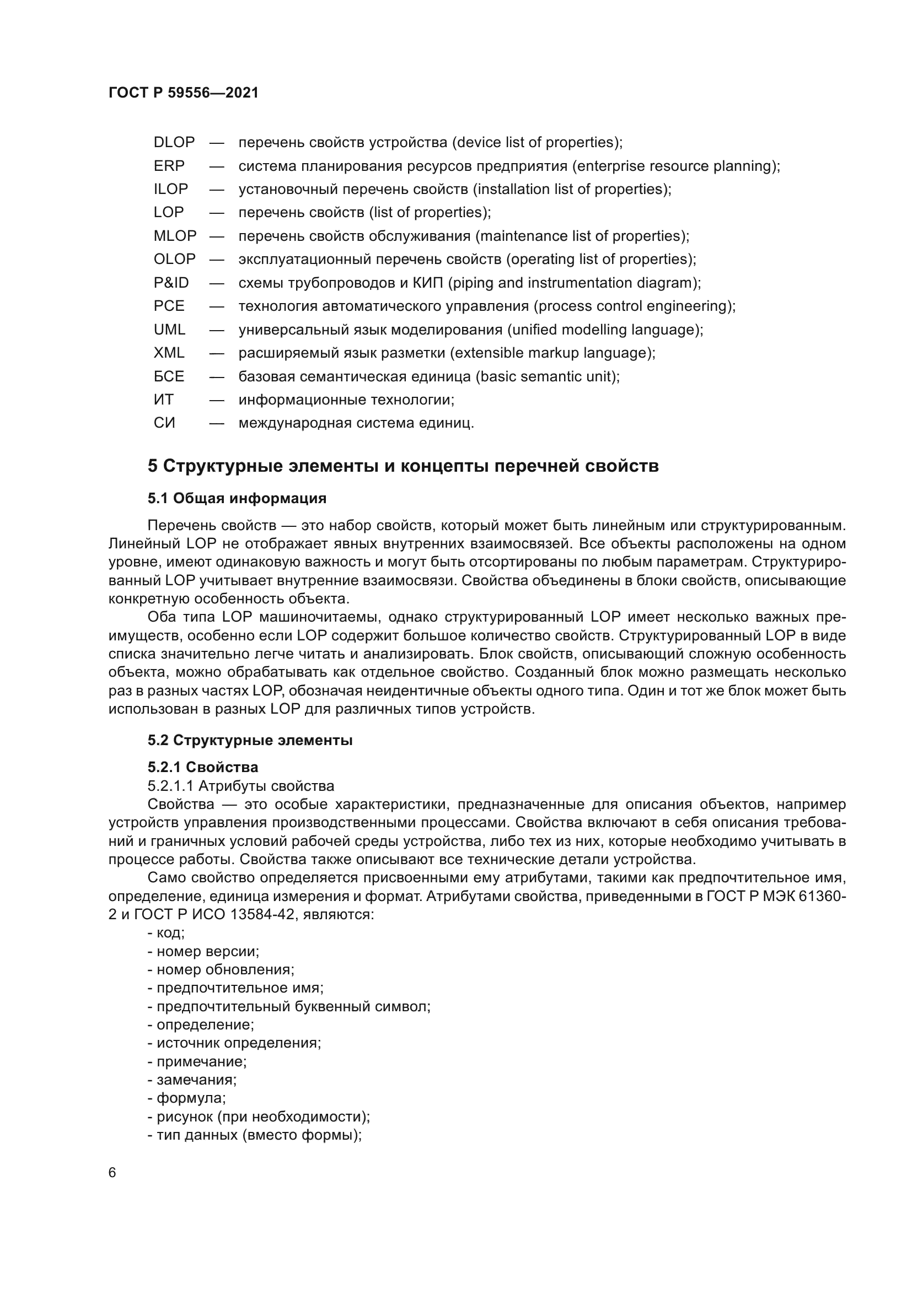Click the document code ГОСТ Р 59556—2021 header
184,93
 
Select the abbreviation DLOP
174,143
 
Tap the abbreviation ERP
169,166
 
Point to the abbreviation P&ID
171,283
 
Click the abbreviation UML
170,330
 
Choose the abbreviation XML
169,353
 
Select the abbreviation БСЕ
169,376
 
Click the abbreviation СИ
164,423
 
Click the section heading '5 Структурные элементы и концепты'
403,466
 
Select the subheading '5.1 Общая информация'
237,498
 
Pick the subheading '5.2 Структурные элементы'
250,741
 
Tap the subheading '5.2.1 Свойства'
203,767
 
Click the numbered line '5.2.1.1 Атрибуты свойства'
240,786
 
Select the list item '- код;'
166,933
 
